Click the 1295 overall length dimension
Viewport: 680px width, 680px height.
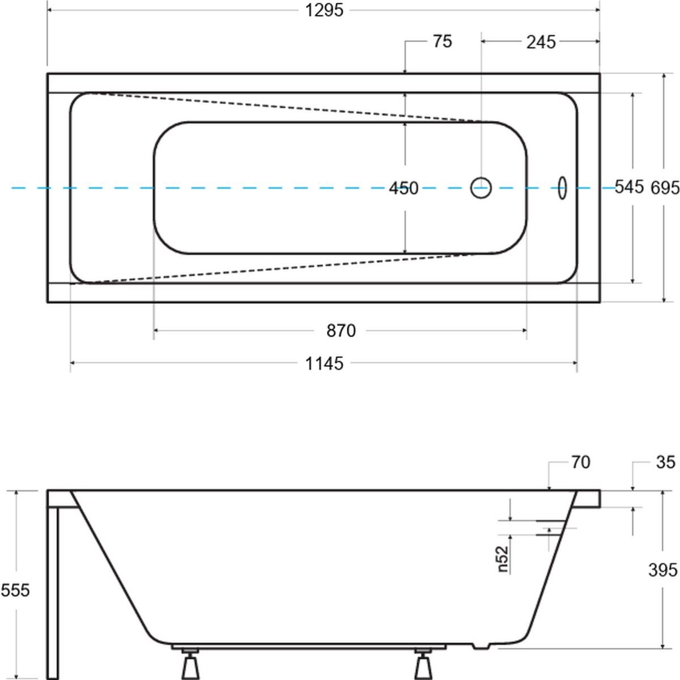tap(325, 10)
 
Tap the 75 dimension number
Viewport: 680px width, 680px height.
tap(443, 41)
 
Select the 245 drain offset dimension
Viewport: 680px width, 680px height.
tap(541, 41)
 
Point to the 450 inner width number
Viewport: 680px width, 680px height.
tap(403, 188)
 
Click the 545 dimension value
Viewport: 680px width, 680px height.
tap(630, 186)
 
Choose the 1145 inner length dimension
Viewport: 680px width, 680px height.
tap(324, 363)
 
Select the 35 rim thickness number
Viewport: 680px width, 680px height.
tap(666, 462)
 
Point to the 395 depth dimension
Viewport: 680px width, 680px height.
tap(663, 569)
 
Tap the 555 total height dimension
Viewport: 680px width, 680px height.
tap(15, 590)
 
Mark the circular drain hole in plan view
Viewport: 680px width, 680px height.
tap(481, 188)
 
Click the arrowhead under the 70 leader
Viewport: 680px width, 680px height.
tap(549, 486)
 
